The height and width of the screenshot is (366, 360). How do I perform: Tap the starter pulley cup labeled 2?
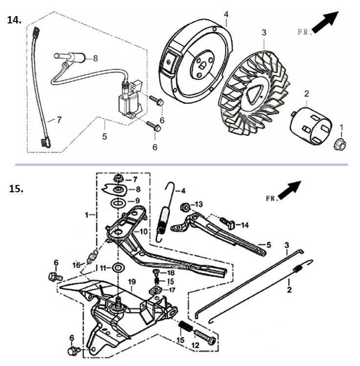click(x=311, y=126)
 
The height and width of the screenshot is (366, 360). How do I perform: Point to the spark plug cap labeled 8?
click(x=70, y=58)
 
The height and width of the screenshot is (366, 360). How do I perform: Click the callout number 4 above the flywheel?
click(x=226, y=15)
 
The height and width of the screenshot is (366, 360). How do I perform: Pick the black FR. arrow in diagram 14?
click(x=325, y=22)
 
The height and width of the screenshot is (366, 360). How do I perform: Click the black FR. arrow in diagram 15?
click(x=290, y=190)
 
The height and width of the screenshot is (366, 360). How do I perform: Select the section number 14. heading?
click(x=14, y=20)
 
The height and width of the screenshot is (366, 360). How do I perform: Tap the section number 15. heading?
click(x=16, y=189)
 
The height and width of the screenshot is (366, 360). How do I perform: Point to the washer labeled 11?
click(x=118, y=267)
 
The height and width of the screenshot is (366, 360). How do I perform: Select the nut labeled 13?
click(x=185, y=207)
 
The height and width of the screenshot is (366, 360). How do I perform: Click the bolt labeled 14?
click(x=227, y=223)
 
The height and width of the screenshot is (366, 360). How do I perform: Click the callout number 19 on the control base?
click(x=132, y=282)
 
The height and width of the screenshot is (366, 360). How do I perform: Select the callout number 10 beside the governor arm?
click(x=144, y=231)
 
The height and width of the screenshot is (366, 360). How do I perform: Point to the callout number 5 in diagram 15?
click(x=269, y=245)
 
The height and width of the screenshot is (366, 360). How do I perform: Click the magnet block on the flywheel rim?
click(x=169, y=62)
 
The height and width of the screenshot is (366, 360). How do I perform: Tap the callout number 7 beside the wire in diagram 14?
click(x=59, y=120)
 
